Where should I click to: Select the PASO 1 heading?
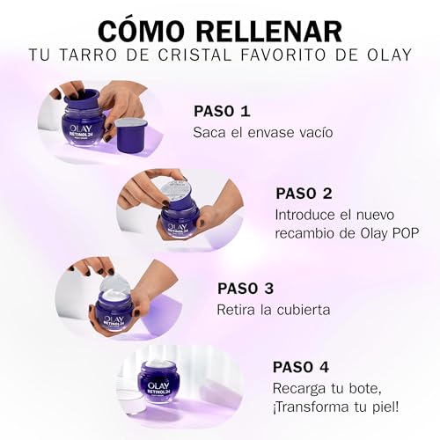point(222,112)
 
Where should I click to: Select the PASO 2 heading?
point(304,194)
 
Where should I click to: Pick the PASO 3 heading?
point(246,289)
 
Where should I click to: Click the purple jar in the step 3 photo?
point(114,308)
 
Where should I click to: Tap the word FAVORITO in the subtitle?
point(261,57)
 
